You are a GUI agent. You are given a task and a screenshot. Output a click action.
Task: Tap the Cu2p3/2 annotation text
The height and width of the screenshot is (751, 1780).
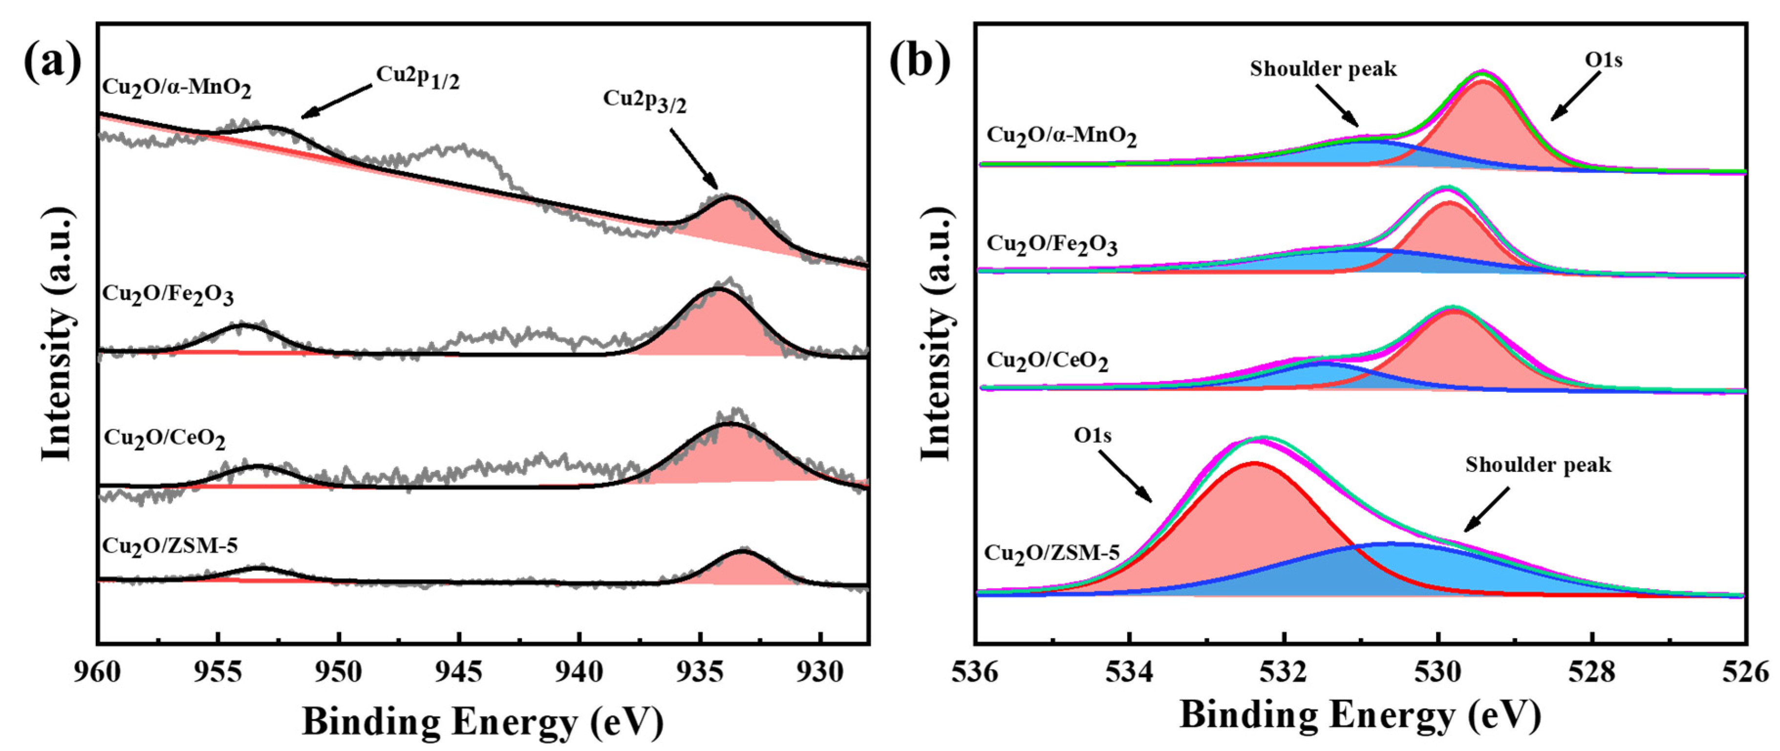coord(644,100)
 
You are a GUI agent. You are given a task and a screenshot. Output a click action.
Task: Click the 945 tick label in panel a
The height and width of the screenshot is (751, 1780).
coord(459,671)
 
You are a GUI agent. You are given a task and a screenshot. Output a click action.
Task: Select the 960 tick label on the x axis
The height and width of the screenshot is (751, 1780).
coord(97,671)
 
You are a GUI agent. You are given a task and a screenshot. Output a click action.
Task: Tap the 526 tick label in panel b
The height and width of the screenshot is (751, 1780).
coord(1746,671)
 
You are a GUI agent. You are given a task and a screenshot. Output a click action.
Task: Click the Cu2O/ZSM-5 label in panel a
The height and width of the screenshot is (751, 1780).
coord(170,546)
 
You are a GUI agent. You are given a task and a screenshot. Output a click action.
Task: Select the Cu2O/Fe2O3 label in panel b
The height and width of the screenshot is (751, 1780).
coord(1051,245)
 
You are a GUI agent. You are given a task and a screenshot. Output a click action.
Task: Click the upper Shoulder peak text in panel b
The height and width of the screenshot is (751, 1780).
coord(1323,69)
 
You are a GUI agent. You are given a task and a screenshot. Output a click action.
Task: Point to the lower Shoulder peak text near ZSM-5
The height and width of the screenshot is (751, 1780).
coord(1538,465)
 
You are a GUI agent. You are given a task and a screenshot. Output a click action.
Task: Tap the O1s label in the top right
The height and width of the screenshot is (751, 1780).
coord(1603,61)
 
